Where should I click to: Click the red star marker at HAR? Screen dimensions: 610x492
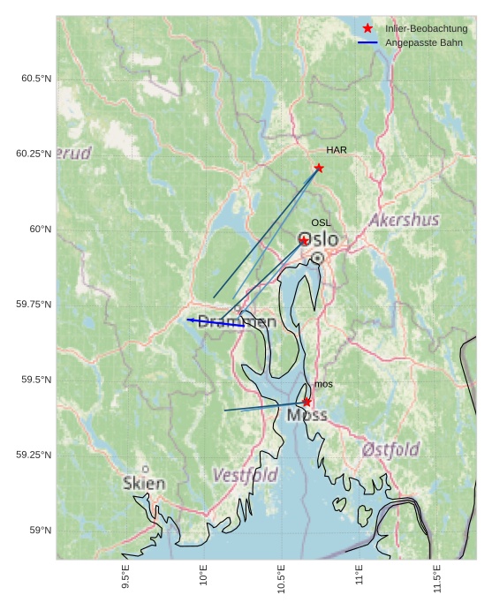point(319,168)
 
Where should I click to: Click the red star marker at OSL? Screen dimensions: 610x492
point(304,240)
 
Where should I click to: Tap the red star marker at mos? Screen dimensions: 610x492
point(307,402)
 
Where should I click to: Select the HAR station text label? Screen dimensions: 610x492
point(336,150)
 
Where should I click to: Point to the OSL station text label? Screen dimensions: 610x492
point(321,223)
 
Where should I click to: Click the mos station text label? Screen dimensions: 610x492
point(323,384)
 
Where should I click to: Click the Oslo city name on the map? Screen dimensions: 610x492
point(318,240)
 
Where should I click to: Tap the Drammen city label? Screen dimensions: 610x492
point(236,322)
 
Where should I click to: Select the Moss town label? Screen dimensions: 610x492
point(307,415)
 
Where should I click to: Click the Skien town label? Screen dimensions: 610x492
point(144,484)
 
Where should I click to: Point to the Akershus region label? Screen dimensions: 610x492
point(405,220)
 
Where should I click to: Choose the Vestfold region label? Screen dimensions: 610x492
point(245,476)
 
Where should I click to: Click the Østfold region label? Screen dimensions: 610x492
point(390,450)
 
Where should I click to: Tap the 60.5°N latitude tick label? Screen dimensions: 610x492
point(36,79)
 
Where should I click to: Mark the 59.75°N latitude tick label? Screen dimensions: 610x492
point(34,305)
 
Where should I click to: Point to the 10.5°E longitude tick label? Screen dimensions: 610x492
point(281,578)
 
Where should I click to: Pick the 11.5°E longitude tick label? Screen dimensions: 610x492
point(436,578)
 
